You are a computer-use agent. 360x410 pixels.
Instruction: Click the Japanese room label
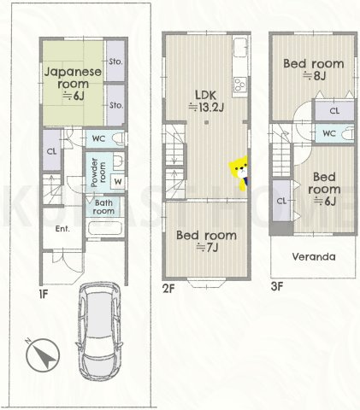[x=73, y=84]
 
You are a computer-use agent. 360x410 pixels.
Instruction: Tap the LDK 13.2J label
[x=206, y=101]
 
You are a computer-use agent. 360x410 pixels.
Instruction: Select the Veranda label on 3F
[x=314, y=257]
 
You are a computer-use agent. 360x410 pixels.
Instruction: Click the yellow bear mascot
[x=239, y=173]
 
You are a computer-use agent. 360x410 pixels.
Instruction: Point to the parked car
[x=99, y=331]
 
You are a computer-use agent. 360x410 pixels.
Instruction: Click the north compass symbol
[x=43, y=354]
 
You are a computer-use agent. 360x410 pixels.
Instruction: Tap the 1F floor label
[x=44, y=295]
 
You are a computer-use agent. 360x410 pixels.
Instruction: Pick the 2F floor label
[x=168, y=289]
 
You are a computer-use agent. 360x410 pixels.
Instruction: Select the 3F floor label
[x=277, y=286]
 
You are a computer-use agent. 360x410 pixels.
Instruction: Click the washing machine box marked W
[x=118, y=181]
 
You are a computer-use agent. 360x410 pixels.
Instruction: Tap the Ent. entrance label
[x=62, y=229]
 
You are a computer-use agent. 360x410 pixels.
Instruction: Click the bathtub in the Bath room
[x=105, y=228]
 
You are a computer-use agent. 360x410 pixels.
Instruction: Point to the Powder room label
[x=98, y=173]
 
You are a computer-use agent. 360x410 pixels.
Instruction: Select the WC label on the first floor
[x=99, y=138]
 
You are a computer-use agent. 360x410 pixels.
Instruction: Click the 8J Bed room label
[x=314, y=69]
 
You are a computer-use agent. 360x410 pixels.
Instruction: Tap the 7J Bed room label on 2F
[x=206, y=242]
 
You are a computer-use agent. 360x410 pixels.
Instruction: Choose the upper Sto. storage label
[x=116, y=61]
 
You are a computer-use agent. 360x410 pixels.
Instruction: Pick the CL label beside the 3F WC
[x=334, y=110]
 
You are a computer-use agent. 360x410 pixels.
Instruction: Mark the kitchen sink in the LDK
[x=240, y=47]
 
